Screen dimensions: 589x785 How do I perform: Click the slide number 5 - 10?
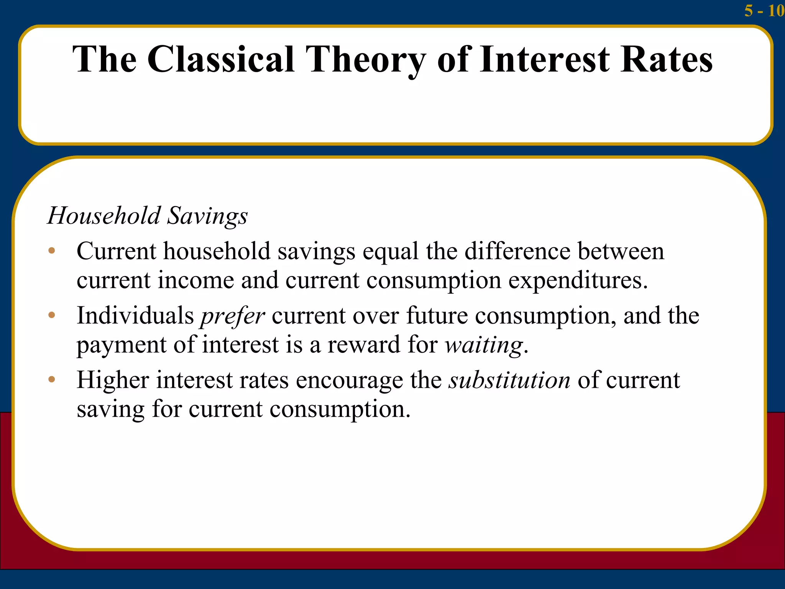[x=764, y=11]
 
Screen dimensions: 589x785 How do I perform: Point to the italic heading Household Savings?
[x=148, y=216]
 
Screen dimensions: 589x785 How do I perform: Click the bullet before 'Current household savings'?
[x=52, y=252]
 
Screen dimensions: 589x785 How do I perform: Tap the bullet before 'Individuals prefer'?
[x=52, y=316]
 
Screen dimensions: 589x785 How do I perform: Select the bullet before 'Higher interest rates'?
[x=52, y=380]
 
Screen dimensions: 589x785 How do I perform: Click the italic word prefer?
[x=233, y=317]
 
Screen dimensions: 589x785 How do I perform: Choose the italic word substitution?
[x=509, y=380]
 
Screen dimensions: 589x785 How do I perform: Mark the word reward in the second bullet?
[x=364, y=345]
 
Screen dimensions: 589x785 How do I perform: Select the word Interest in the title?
[x=545, y=59]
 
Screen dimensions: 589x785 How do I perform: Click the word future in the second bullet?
[x=437, y=316]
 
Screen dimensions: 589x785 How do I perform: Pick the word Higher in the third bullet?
[x=113, y=381]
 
